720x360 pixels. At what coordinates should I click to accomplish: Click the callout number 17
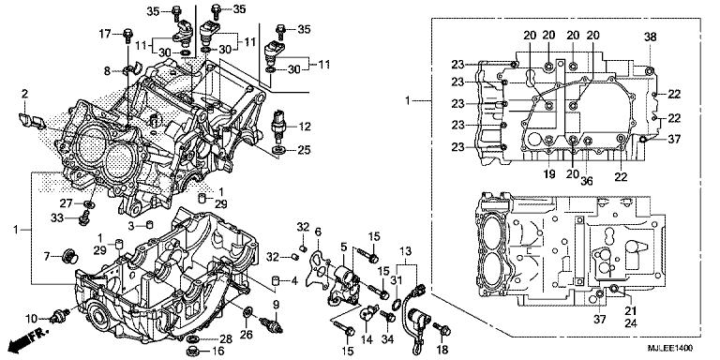tap(105, 35)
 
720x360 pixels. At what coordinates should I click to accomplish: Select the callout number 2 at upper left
tap(24, 93)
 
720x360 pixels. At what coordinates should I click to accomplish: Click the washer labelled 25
tap(279, 150)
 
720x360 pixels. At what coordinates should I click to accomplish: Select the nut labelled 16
tap(192, 352)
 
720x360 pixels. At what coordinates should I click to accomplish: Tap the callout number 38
tap(650, 37)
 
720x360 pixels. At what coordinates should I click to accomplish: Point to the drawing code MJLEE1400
tap(672, 346)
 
